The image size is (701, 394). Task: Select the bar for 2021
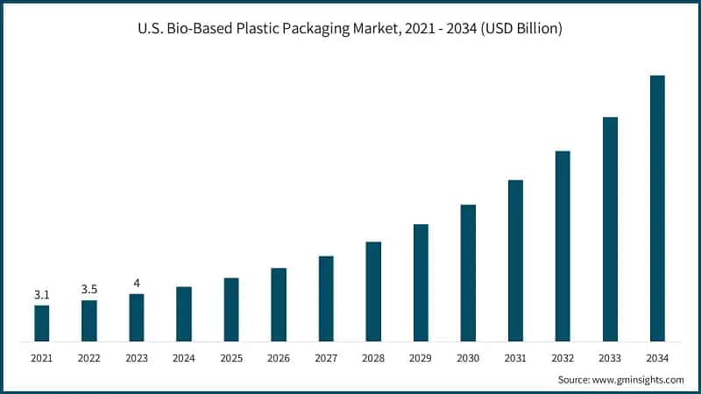[x=42, y=323]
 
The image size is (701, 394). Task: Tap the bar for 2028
[x=373, y=292]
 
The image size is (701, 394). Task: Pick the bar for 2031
[x=515, y=261]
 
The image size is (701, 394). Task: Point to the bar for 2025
[x=231, y=310]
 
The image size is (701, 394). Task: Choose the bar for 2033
[x=610, y=229]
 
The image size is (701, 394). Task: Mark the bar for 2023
[x=137, y=318]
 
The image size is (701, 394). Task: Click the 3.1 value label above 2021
[x=42, y=295]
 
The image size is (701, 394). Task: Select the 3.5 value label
[x=89, y=289]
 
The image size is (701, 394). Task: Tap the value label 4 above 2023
[x=137, y=283]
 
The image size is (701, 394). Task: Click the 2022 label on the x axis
[x=89, y=358]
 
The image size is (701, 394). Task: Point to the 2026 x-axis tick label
[x=279, y=358]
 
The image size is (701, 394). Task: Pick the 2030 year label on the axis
[x=468, y=358]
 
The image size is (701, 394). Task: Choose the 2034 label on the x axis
[x=657, y=358]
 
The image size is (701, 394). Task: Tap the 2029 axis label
[x=421, y=358]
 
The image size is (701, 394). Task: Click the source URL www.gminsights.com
[x=641, y=380]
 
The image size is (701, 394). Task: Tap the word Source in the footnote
[x=576, y=380]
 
